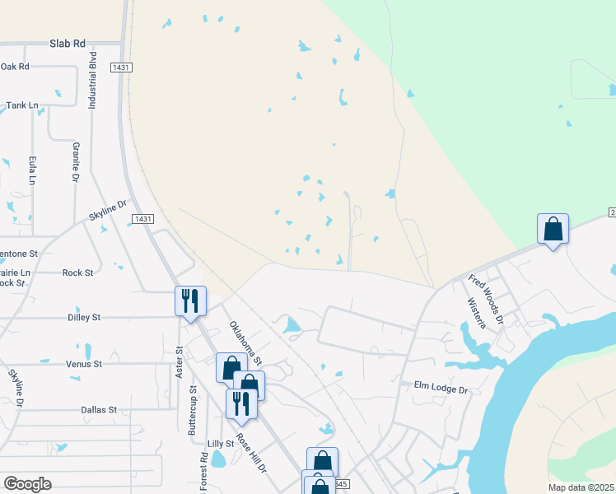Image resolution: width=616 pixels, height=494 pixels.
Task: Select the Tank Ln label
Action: [x=22, y=105]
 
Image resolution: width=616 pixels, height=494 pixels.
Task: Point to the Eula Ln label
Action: [x=33, y=170]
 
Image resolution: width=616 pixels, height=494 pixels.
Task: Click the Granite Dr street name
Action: [x=75, y=161]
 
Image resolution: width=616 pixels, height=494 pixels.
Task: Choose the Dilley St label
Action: [x=83, y=316]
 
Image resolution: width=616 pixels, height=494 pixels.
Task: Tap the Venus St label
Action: [x=85, y=363]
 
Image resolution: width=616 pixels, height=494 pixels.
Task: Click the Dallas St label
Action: [x=100, y=409]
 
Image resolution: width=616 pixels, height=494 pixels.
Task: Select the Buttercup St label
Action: [x=193, y=411]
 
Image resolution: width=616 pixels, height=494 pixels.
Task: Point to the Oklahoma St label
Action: [x=245, y=343]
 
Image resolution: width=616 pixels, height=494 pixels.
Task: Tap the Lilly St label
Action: [x=221, y=443]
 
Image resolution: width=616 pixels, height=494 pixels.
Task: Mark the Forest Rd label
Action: [x=203, y=471]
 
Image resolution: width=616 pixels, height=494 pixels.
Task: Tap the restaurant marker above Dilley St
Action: [x=190, y=301]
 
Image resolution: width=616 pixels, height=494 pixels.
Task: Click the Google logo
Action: [x=27, y=484]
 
